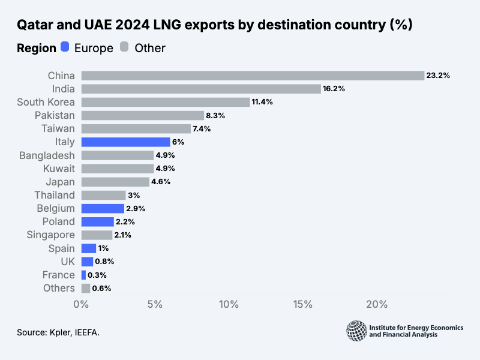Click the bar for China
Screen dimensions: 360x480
point(252,76)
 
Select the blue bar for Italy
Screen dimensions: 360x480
point(126,142)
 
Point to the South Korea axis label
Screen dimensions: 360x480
point(46,102)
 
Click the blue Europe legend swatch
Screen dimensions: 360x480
point(65,47)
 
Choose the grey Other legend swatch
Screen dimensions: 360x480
point(125,47)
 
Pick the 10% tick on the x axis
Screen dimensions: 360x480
point(229,305)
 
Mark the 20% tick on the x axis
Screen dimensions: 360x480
point(377,305)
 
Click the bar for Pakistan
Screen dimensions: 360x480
point(143,115)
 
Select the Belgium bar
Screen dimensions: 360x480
point(103,208)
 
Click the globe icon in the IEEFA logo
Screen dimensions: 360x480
point(356,329)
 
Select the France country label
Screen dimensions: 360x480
point(59,275)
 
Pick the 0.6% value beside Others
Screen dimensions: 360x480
point(101,288)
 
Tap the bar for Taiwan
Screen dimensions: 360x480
point(136,128)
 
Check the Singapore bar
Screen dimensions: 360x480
point(97,235)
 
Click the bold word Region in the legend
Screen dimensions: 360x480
point(36,48)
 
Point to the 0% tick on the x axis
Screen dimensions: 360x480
point(81,305)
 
